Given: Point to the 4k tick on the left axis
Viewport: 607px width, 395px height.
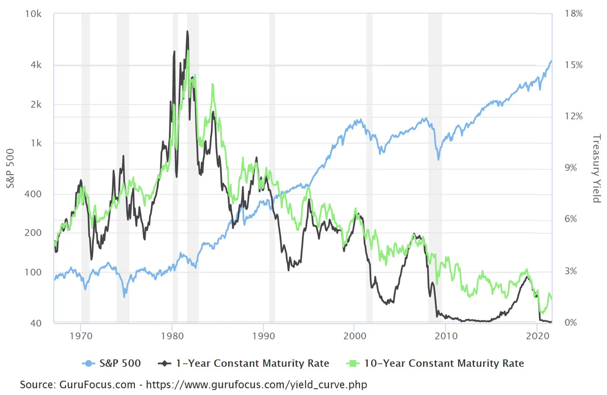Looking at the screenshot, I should click(x=37, y=65).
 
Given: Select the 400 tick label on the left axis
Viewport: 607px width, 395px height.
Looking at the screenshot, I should click(x=34, y=194).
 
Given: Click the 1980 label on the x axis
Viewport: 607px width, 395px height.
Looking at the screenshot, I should click(x=172, y=335).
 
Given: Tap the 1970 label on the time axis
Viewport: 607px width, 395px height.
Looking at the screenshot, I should click(x=81, y=335).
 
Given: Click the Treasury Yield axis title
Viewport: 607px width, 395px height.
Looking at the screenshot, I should click(x=596, y=168).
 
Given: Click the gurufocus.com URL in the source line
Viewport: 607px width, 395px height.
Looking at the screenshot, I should click(x=256, y=385).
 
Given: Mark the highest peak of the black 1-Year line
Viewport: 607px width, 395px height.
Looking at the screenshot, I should click(x=187, y=31).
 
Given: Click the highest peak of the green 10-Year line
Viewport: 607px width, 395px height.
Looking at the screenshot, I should click(x=188, y=51).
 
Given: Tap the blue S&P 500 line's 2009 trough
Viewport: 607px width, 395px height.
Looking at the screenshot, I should click(x=439, y=159).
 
